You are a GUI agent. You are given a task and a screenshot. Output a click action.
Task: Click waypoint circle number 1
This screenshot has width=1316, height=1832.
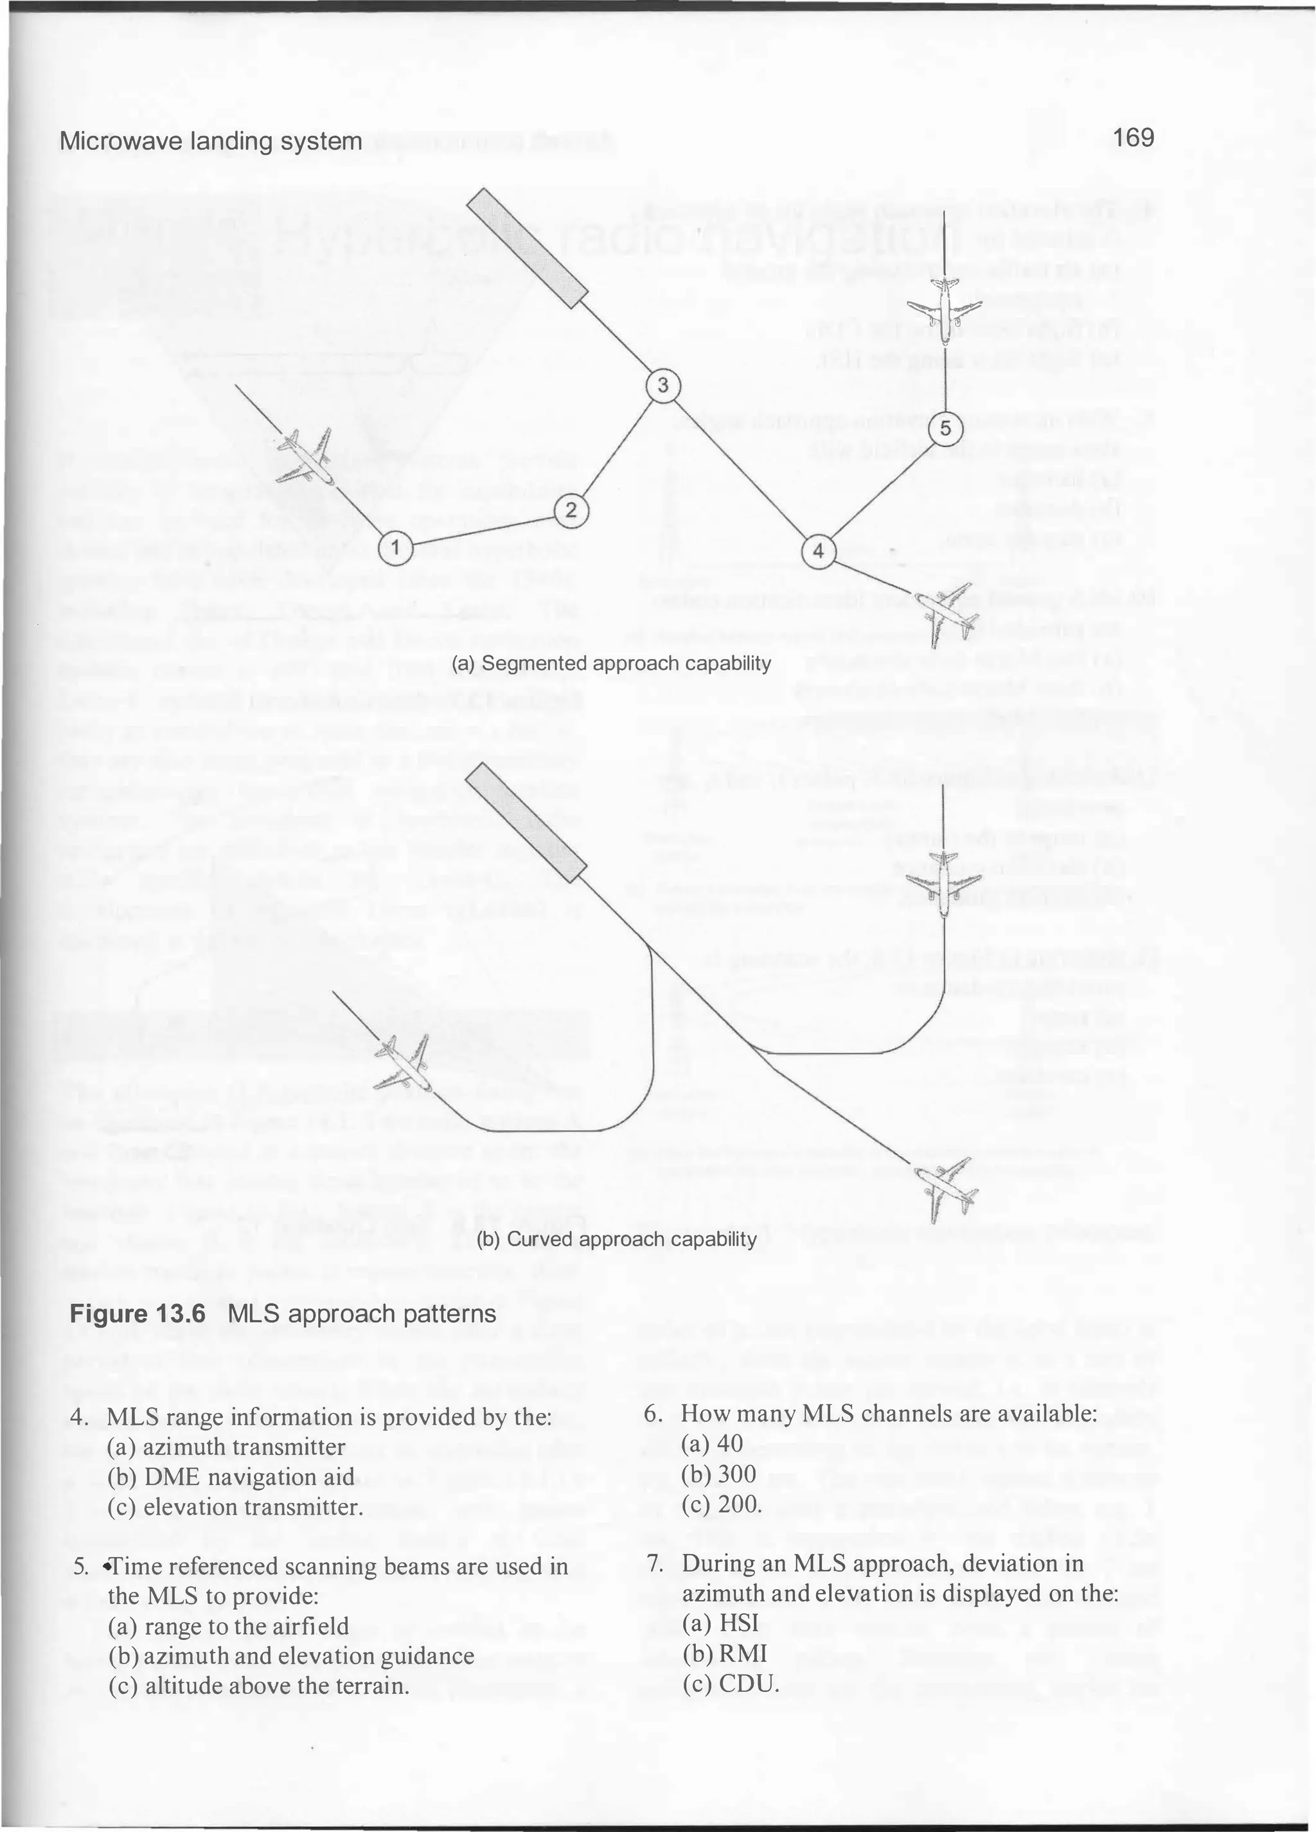coord(395,548)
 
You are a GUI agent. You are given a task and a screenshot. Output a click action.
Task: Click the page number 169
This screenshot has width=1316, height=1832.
coord(1133,137)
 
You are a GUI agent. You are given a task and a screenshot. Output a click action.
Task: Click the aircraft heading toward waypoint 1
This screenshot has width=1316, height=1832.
coord(305,457)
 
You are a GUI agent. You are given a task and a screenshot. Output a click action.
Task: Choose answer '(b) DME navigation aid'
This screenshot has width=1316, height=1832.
coord(231,1477)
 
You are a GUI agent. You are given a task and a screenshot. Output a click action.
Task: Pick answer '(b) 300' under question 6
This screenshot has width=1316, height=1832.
coord(707,1474)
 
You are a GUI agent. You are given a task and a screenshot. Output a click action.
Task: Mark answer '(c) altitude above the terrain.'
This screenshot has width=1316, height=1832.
coord(258,1686)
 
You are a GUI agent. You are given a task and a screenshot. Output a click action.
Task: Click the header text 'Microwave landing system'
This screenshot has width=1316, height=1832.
coord(211,141)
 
